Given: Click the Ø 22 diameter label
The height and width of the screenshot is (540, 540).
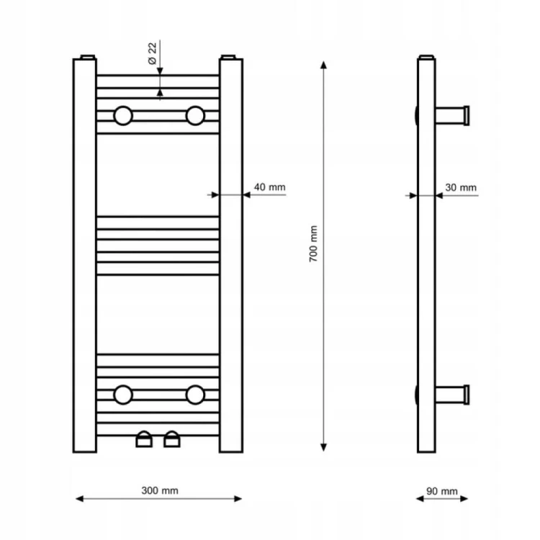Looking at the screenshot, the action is tap(152, 53).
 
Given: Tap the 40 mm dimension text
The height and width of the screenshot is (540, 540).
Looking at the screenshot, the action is tap(270, 187).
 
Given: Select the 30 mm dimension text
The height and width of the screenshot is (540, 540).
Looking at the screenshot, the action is tap(461, 188).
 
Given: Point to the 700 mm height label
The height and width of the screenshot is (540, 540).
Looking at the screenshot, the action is tap(313, 244).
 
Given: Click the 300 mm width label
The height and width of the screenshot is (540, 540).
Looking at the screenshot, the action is tap(160, 490).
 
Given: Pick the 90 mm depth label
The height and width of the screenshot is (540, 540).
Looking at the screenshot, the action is tap(442, 491).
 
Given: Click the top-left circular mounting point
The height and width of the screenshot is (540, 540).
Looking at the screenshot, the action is tap(123, 116).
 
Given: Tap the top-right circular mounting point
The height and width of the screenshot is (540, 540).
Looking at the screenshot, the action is tap(195, 116).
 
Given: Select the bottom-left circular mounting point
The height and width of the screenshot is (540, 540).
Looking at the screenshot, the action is tap(123, 395).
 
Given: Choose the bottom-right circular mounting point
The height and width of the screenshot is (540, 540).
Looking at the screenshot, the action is tap(195, 395).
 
